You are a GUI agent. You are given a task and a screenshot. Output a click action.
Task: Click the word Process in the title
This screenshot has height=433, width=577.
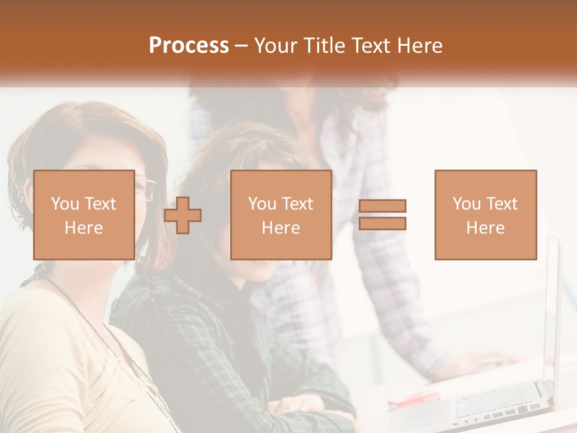click(189, 46)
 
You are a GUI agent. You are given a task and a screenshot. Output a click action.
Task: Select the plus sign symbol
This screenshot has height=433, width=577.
click(183, 215)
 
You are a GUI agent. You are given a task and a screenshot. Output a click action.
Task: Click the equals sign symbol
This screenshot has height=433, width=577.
click(382, 215)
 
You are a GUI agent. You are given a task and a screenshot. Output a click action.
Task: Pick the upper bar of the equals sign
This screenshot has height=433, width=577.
click(382, 206)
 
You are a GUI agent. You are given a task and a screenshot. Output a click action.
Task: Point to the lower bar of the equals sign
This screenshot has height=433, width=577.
click(382, 224)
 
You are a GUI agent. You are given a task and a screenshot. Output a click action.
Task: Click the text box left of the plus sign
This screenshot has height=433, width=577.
click(84, 215)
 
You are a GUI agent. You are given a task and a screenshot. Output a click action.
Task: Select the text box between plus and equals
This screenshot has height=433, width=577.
click(281, 215)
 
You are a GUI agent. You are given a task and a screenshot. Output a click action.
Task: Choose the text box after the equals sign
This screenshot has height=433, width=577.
click(485, 215)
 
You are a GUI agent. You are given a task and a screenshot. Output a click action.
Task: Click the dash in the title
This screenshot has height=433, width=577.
click(242, 46)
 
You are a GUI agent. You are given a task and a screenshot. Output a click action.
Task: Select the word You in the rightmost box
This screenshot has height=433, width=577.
click(466, 204)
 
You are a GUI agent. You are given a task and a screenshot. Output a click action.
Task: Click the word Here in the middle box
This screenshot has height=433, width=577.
click(281, 228)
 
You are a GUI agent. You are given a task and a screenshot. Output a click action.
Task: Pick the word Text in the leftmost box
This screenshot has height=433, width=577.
click(99, 204)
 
